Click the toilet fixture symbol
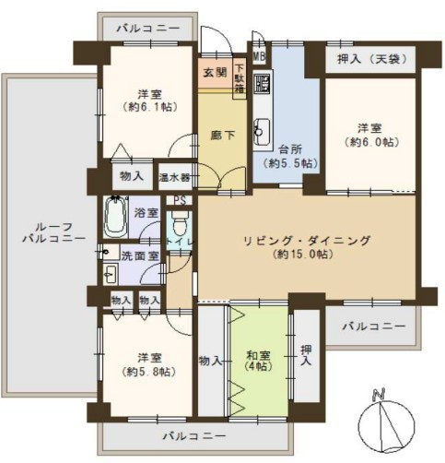(180, 223)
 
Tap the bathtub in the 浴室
(115, 217)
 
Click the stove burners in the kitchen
(262, 83)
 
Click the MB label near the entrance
(259, 56)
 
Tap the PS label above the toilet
(180, 200)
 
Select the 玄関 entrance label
(216, 72)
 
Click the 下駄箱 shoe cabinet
(240, 77)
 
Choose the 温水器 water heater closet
(174, 177)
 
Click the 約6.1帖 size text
(150, 107)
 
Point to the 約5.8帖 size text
(149, 372)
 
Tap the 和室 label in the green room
(259, 355)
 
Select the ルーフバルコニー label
(53, 232)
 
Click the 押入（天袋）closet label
(372, 58)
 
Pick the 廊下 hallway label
(222, 135)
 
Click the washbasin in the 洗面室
(111, 274)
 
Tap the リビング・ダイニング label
(307, 240)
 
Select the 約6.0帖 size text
(372, 142)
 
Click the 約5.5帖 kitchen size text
(290, 163)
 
